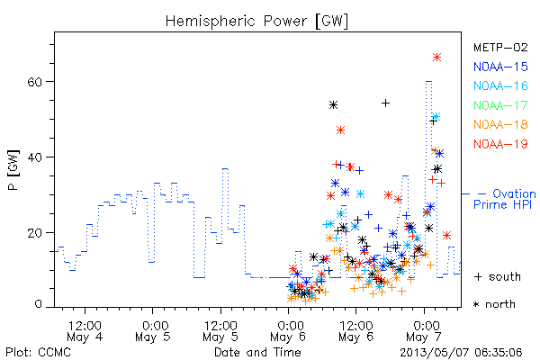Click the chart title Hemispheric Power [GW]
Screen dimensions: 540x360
[256, 21]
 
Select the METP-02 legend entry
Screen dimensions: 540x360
[500, 47]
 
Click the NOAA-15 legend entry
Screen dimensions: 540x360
[500, 67]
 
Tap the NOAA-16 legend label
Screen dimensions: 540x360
[500, 85]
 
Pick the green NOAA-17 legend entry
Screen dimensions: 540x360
[500, 105]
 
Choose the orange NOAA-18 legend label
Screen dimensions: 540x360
[500, 124]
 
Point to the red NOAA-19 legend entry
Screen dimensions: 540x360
[500, 144]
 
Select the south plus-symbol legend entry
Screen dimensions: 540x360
[498, 276]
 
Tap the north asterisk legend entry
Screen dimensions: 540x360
[494, 304]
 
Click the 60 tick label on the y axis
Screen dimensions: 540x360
[35, 82]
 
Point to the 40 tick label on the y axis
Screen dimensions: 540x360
[35, 157]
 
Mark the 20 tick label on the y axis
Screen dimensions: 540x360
[35, 233]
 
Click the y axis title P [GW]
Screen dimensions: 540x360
[13, 170]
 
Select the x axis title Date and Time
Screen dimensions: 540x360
[257, 352]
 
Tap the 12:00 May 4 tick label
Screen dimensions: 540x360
[85, 331]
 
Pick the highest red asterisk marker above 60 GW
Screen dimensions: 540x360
[436, 58]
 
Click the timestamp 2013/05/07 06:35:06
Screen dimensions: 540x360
[461, 353]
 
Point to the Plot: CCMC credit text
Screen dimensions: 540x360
[38, 353]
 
